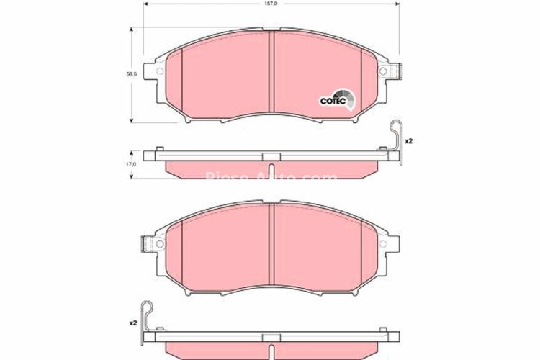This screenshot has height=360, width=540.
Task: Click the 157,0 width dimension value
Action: click(271, 4)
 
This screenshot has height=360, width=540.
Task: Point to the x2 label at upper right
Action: click(408, 140)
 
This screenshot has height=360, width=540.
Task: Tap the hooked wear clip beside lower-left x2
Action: click(148, 315)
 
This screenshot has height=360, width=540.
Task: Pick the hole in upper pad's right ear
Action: click(390, 72)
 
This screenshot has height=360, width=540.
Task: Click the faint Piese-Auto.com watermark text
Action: click(271, 177)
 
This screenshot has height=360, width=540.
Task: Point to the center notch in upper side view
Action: click(271, 157)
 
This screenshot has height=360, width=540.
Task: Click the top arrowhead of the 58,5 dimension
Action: click(130, 30)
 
